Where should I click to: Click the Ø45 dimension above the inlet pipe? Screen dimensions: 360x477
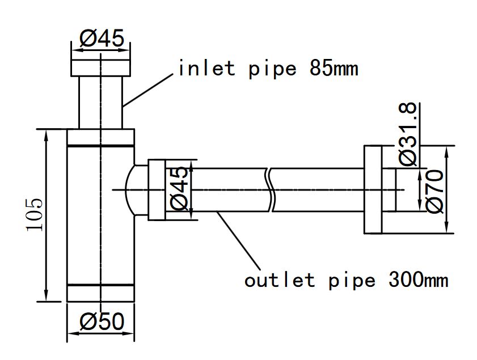pos(101,39)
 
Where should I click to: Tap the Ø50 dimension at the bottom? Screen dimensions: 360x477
pos(101,322)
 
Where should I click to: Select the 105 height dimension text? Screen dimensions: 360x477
pos(34,215)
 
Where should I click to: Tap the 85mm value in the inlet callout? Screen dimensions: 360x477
pos(334,69)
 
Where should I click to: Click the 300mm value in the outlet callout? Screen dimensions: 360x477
pos(418,279)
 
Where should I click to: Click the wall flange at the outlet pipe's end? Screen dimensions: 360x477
pos(373,189)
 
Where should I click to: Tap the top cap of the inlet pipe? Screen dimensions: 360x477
pos(100,66)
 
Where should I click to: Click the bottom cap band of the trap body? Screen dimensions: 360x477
pos(100,293)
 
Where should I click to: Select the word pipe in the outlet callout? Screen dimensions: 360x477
pos(352,279)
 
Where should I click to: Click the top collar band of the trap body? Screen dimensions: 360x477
pos(100,138)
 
